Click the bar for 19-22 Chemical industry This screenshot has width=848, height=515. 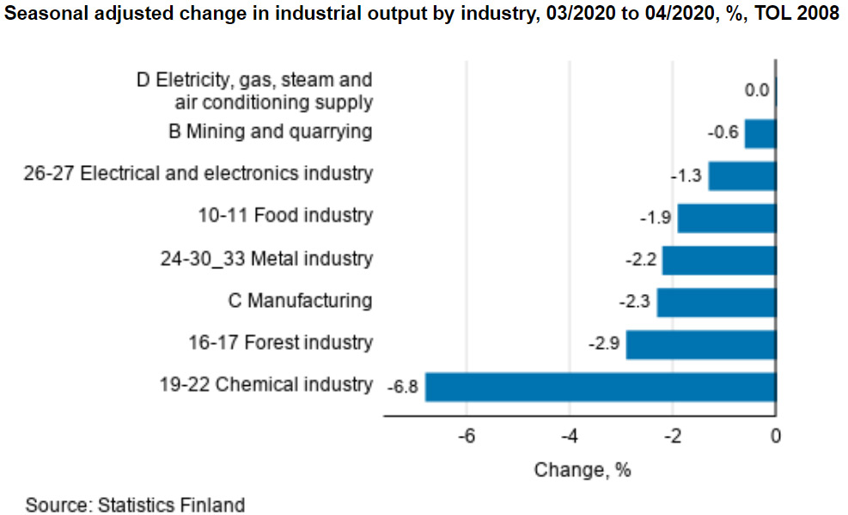(600, 386)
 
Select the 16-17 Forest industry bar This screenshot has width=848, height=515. (700, 344)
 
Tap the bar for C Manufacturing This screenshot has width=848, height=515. (716, 302)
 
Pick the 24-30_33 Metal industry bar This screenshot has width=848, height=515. (718, 260)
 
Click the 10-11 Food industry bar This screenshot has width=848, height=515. (726, 218)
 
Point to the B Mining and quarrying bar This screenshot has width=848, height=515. (760, 133)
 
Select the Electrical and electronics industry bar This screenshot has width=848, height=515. (741, 175)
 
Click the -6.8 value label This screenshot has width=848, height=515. (401, 387)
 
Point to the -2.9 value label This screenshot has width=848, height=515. (603, 344)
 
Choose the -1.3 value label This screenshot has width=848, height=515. (686, 175)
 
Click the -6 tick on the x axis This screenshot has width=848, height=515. (467, 436)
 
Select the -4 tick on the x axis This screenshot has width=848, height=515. (570, 436)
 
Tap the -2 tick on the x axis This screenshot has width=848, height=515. (673, 436)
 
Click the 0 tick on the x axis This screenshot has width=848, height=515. (775, 436)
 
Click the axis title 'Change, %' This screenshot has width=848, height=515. (583, 470)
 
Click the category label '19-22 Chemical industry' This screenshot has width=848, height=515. (266, 384)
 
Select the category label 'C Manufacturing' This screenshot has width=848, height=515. (300, 301)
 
